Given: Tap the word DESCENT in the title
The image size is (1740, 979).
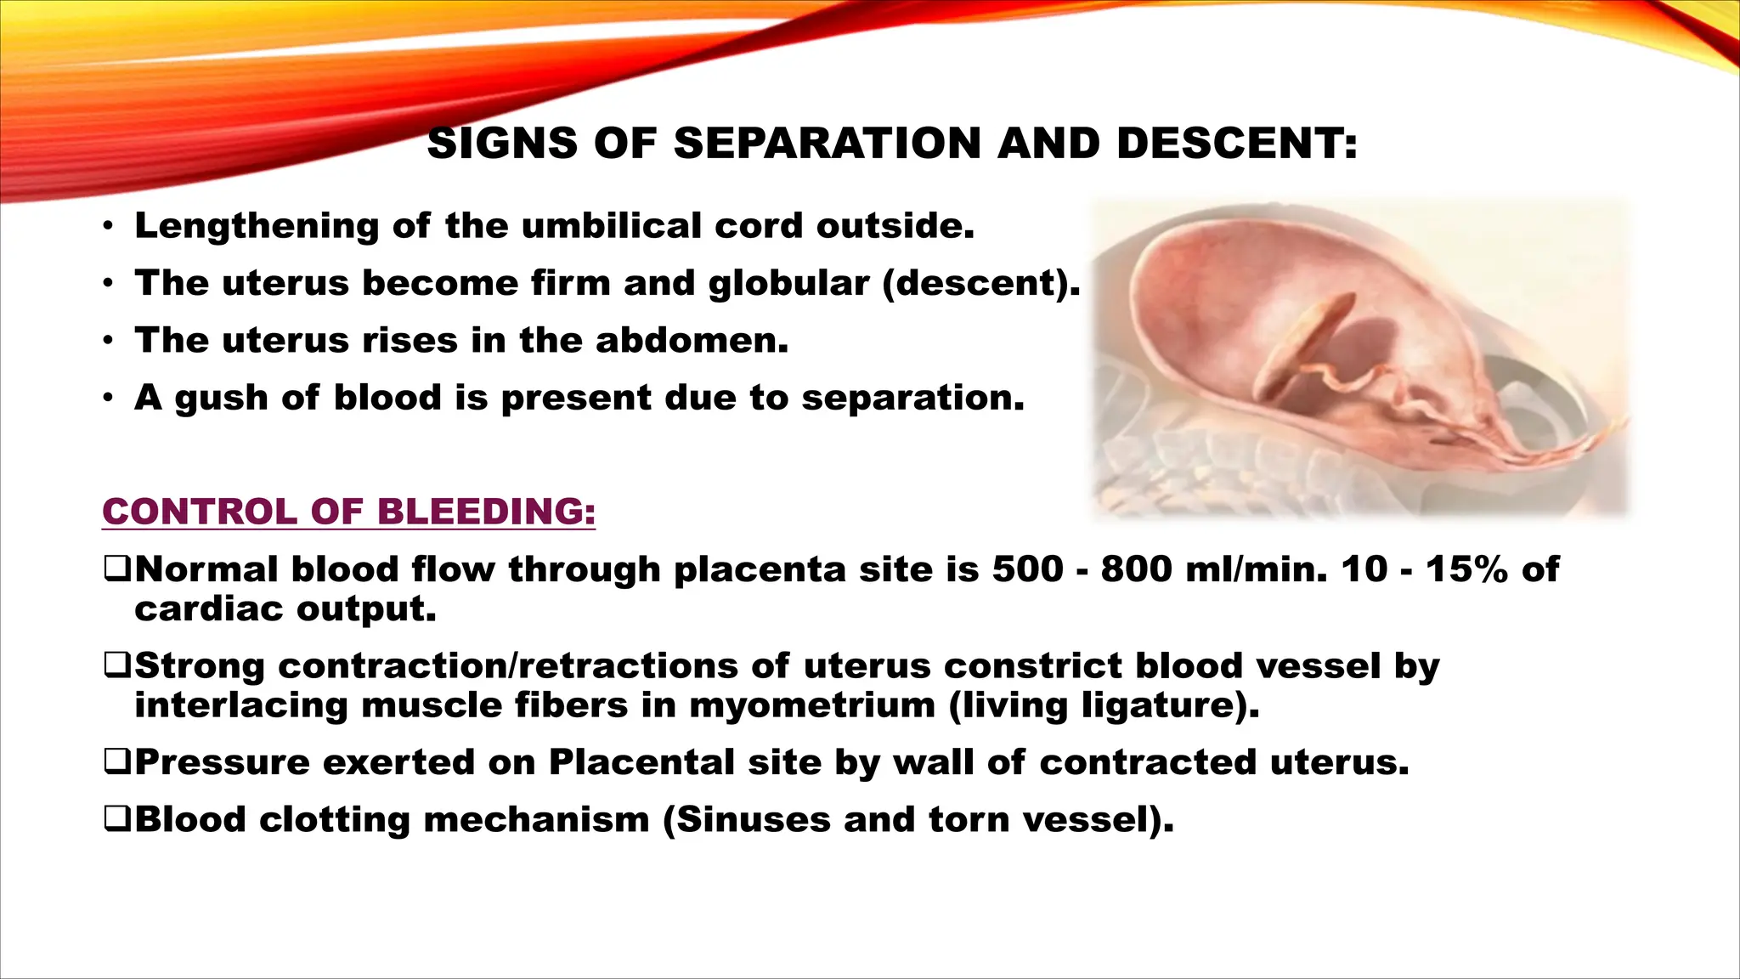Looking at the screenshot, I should pyautogui.click(x=1236, y=143).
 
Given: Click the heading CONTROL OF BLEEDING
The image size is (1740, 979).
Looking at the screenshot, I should pyautogui.click(x=348, y=512).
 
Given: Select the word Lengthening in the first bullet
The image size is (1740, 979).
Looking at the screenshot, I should pyautogui.click(x=257, y=226).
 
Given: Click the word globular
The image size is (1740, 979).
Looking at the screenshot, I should pyautogui.click(x=789, y=283).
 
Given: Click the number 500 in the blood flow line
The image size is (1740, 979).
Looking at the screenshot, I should pyautogui.click(x=1027, y=569).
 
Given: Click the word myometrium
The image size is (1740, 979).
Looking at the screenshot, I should pyautogui.click(x=811, y=705).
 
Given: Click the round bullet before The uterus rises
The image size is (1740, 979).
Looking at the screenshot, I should pyautogui.click(x=108, y=341).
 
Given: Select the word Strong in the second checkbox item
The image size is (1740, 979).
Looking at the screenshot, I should pyautogui.click(x=200, y=665).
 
